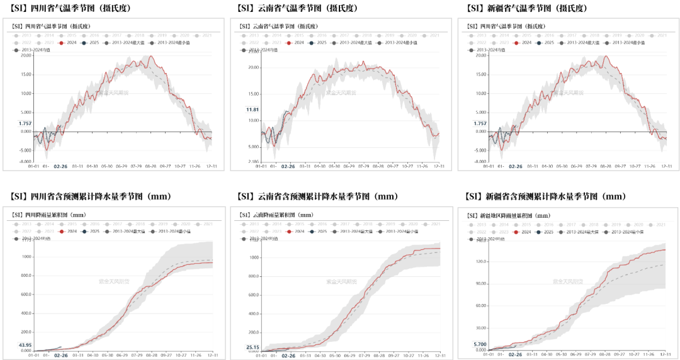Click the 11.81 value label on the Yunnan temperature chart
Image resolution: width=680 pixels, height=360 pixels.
tap(252, 110)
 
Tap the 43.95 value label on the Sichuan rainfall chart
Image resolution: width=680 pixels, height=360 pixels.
tap(25, 345)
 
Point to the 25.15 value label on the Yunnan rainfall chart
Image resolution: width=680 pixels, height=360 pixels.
tap(252, 347)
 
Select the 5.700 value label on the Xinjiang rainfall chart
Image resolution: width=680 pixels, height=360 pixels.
tap(479, 344)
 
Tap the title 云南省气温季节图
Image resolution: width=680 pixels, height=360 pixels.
tap(278, 26)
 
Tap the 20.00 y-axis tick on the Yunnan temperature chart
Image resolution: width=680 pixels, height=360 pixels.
tap(253, 67)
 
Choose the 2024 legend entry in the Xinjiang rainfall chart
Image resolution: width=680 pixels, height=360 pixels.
tap(523, 232)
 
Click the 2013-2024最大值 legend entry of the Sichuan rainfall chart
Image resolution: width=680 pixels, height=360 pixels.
tap(126, 231)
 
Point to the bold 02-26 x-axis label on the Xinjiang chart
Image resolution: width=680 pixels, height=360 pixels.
tap(516, 355)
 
